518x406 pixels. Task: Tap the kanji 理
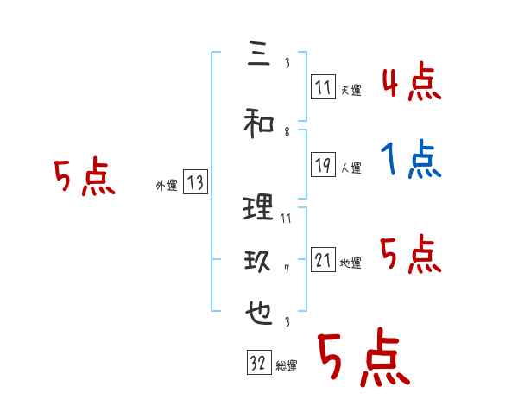coord(258,208)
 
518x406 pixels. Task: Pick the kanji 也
coord(258,313)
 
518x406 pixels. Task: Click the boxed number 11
coord(323,86)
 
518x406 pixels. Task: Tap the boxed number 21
coord(324,260)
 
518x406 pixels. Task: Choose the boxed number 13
coord(195,182)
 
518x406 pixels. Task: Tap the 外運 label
coord(167,185)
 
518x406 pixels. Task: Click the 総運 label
coord(287,366)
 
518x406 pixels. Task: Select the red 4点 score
coord(411,84)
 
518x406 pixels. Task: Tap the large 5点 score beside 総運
coord(363,359)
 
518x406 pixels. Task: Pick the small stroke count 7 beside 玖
coord(287,270)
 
